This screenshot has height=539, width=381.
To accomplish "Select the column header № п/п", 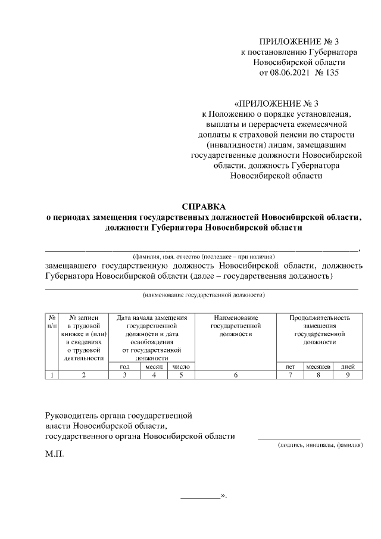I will (x=52, y=322).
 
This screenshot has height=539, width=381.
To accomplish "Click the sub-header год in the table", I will (x=126, y=366).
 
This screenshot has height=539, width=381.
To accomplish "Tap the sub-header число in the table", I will (x=181, y=366).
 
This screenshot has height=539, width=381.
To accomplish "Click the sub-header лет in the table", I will (x=289, y=366).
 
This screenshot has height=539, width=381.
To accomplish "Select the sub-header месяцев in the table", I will (x=318, y=366).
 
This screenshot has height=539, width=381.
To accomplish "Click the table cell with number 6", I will (x=236, y=375).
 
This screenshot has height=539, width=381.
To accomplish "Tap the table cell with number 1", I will (x=52, y=375).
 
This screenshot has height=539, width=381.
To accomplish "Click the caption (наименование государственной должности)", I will (x=203, y=295).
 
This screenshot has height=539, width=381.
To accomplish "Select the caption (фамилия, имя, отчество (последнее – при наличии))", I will (x=203, y=254).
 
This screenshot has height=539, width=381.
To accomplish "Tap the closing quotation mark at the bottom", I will (x=224, y=495).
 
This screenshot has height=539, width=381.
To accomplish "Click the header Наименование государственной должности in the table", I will (x=236, y=326).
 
